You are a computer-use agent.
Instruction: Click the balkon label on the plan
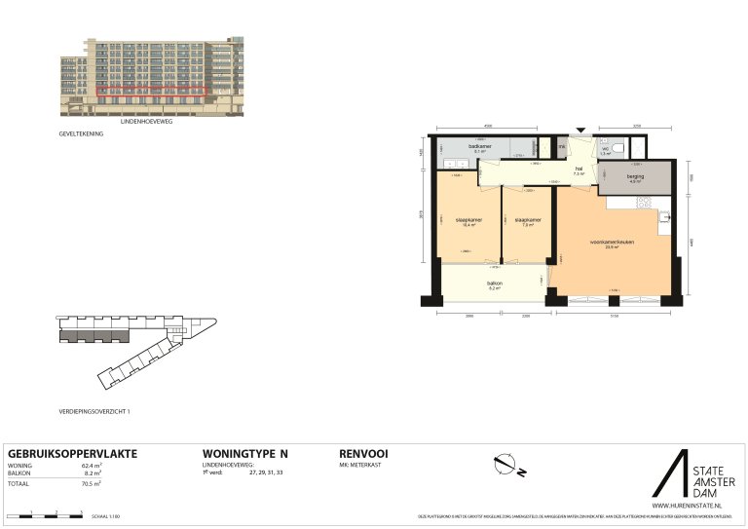(494, 283)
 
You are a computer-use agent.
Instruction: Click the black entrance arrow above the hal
(582, 130)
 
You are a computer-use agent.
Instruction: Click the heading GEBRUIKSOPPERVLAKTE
(72, 454)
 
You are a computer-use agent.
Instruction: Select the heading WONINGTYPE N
(244, 454)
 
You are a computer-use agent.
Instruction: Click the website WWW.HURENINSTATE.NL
(686, 506)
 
